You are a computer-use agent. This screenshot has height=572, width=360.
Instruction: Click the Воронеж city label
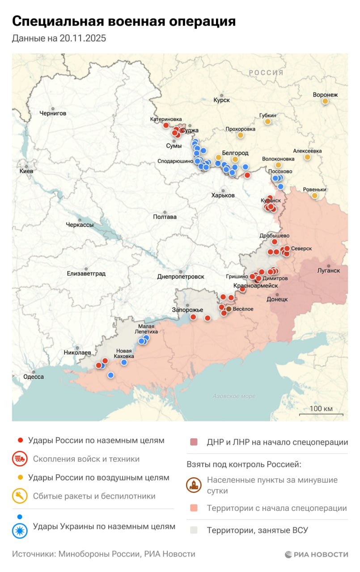(x=325, y=95)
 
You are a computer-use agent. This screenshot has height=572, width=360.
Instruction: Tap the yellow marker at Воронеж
(x=325, y=101)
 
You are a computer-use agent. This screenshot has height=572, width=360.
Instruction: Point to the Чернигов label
(x=52, y=114)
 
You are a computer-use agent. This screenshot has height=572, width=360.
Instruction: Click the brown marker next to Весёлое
(x=229, y=309)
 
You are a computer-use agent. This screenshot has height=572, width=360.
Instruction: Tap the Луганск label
(x=328, y=270)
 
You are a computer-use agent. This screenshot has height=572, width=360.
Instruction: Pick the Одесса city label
(x=34, y=377)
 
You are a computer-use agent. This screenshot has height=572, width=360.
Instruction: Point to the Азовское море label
(x=234, y=396)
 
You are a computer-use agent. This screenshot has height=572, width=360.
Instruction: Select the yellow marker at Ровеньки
(x=314, y=196)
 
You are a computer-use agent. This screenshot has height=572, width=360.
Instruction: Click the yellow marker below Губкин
(x=267, y=122)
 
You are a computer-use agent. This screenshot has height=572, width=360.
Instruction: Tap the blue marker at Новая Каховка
(x=124, y=362)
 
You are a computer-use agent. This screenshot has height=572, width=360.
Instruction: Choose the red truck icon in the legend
(x=19, y=459)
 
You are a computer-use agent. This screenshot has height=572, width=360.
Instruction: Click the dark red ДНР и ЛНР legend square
(x=193, y=442)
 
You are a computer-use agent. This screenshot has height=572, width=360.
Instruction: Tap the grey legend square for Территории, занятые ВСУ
(x=193, y=530)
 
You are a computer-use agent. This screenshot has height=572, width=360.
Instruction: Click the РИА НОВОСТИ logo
(x=316, y=554)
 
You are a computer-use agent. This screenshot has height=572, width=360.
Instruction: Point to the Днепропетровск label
(x=181, y=277)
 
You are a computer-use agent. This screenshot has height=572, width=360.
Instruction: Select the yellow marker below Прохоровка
(x=240, y=135)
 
